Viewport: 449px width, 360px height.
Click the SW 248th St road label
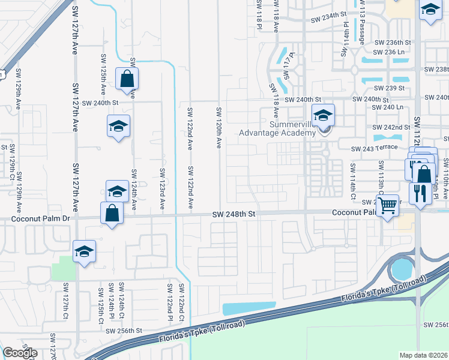pos(234,214)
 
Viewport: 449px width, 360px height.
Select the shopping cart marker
pos(388,205)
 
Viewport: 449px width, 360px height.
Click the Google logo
pos(20,353)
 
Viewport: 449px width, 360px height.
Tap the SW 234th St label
pos(329,20)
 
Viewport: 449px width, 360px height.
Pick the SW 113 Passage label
pos(362,22)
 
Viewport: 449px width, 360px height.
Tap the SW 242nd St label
pos(391,127)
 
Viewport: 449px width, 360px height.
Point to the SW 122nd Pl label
pos(170,300)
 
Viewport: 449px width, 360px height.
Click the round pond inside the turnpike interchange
pos(402,269)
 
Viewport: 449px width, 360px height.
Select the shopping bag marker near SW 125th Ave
pos(127,79)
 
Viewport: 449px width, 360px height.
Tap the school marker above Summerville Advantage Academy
pos(323,114)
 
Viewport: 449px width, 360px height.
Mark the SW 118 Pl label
pos(259,12)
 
